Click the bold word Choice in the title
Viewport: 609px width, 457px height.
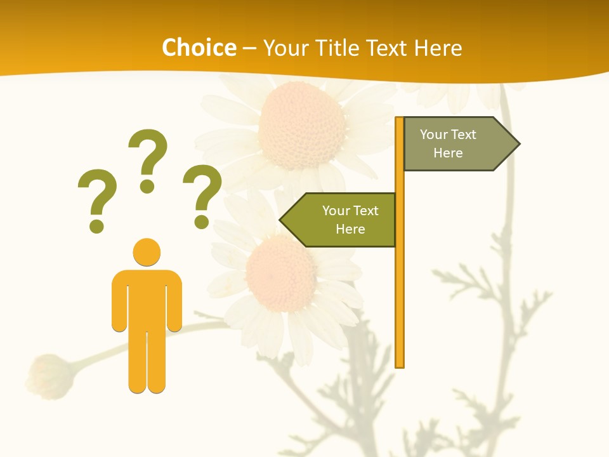point(199,48)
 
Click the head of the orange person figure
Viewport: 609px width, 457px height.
point(147,251)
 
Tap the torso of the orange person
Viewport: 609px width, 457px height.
point(147,298)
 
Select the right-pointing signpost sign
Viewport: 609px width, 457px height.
point(454,144)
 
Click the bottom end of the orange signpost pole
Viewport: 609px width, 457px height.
point(400,364)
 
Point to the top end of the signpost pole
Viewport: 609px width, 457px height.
point(400,120)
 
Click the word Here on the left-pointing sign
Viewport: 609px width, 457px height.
point(350,229)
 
